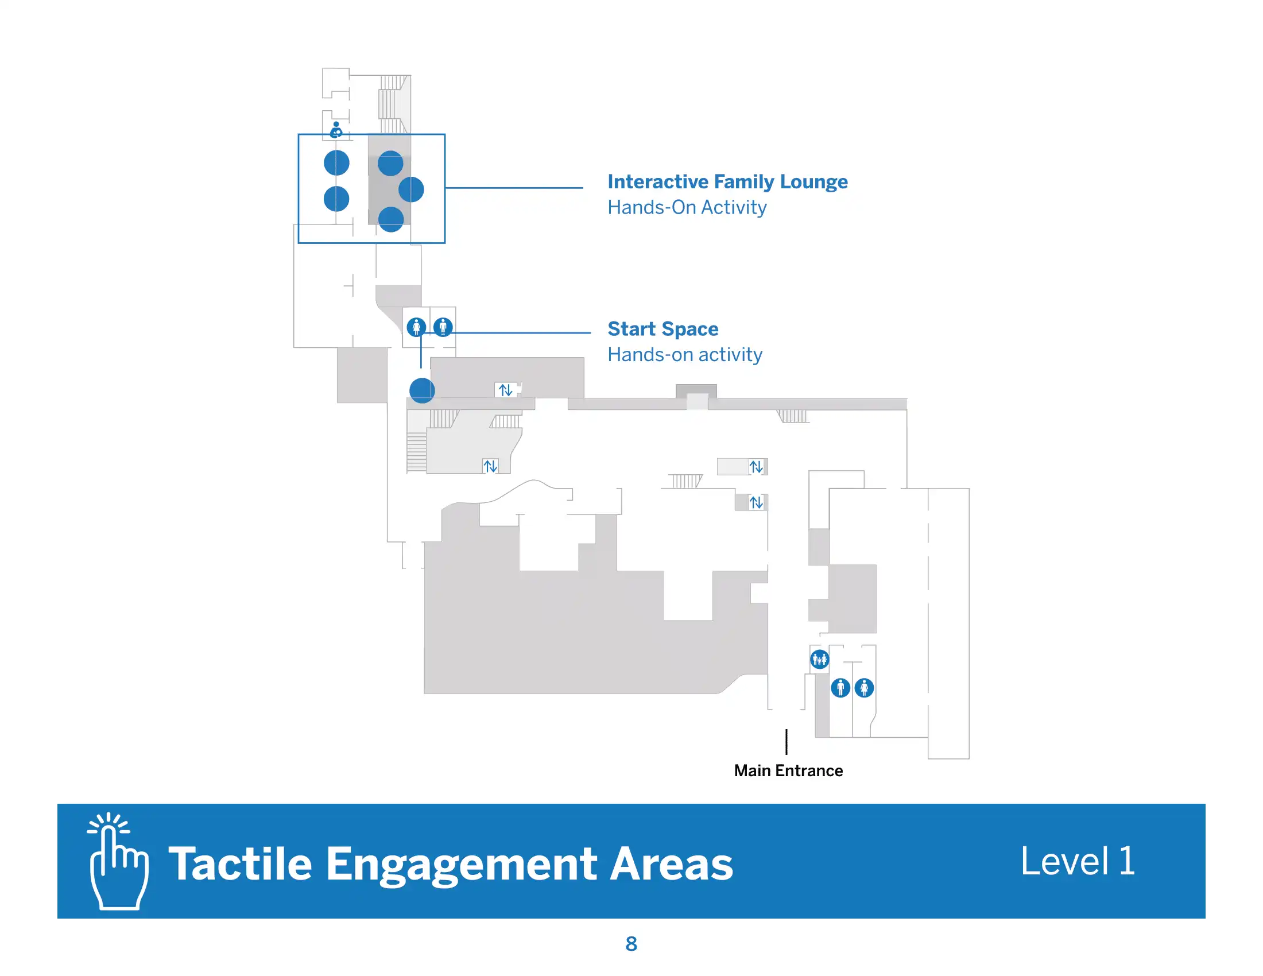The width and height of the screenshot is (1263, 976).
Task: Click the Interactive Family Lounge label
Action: pos(727,181)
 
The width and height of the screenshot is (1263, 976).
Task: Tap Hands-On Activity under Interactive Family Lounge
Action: pos(687,207)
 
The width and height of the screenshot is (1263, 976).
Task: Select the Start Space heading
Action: pos(663,328)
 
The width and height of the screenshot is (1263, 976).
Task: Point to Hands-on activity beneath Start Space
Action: pos(685,354)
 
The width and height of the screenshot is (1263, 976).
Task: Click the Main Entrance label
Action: pos(788,770)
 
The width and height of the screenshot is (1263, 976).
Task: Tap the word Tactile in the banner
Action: pos(240,864)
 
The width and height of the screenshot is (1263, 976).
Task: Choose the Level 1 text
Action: pos(1078,862)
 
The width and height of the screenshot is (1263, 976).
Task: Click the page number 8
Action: pos(631,944)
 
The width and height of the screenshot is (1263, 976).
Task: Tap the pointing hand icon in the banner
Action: pos(118,862)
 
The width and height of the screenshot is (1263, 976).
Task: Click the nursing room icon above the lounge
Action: pos(336,130)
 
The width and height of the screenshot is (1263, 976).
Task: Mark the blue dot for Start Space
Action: pos(422,390)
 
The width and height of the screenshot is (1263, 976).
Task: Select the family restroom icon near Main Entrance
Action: pos(819,659)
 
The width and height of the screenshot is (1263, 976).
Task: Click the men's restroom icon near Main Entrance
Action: pos(840,688)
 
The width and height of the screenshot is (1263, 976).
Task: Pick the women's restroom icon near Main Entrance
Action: pos(864,688)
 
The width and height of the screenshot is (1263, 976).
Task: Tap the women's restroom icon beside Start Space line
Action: pos(416,327)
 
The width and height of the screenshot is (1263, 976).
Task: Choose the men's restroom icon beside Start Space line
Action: pos(443,327)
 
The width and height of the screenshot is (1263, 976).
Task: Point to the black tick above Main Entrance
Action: pos(787,742)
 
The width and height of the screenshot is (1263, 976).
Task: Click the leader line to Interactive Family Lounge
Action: pos(514,188)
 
